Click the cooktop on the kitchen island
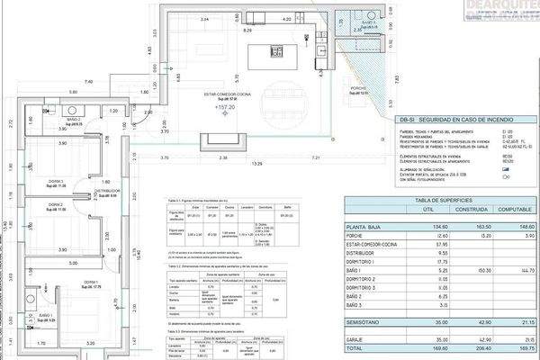point(278,49)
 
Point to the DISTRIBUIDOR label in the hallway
point(108,192)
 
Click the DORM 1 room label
point(91,283)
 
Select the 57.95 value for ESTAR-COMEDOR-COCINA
point(416,246)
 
